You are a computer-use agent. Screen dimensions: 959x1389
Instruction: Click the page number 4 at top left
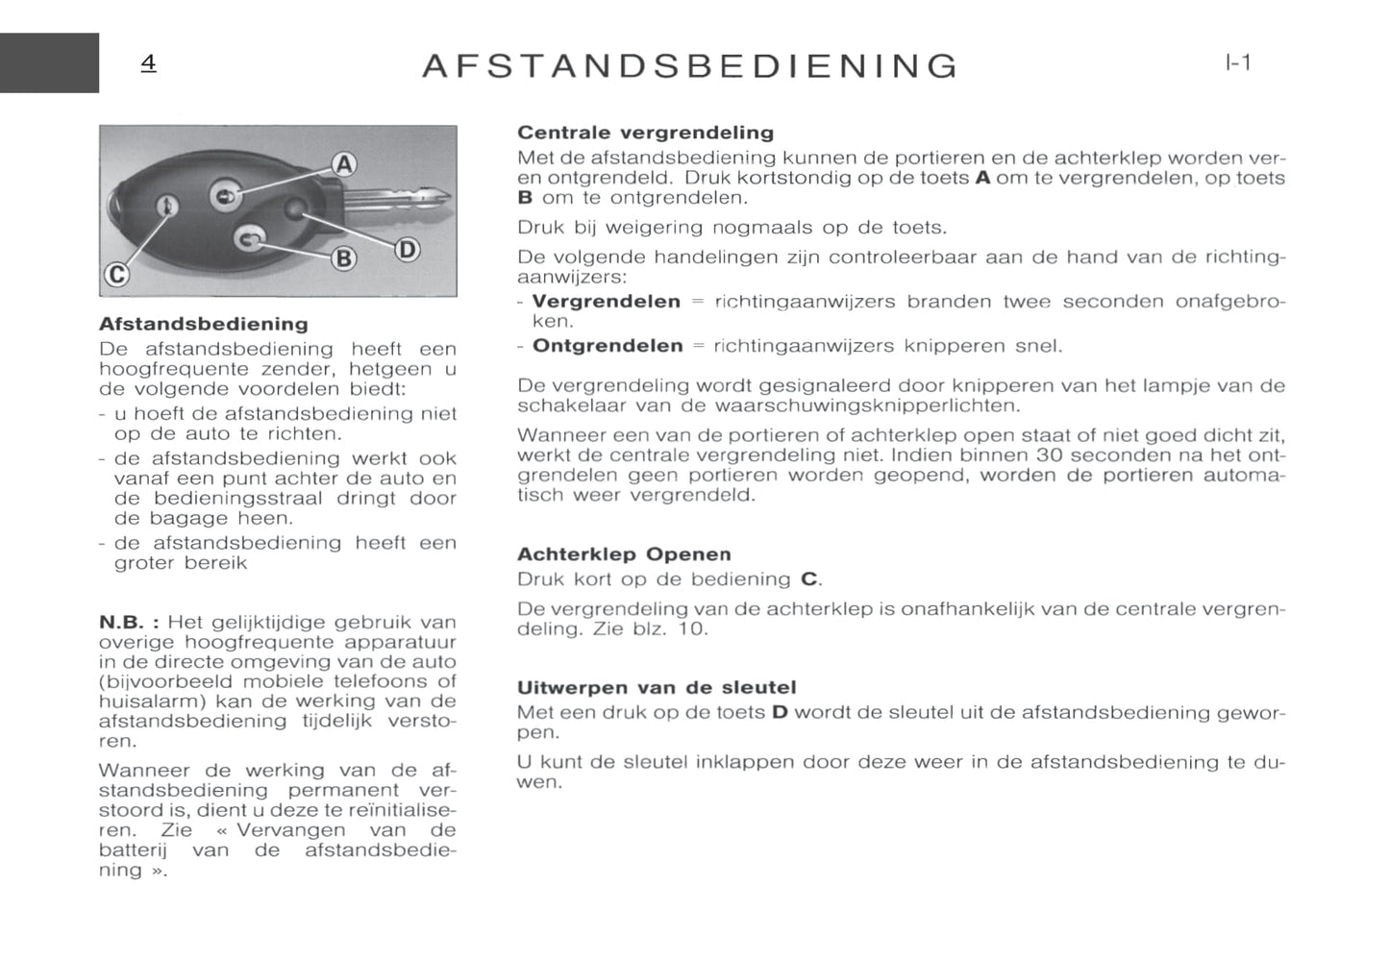pos(148,63)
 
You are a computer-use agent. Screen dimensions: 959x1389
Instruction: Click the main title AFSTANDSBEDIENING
pos(690,66)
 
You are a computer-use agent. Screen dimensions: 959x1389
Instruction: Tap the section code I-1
pos(1238,63)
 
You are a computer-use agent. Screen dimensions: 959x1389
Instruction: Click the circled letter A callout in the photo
pos(344,165)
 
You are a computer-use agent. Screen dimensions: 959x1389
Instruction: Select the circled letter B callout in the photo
pos(343,258)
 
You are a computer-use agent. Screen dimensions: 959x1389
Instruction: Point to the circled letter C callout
pos(116,275)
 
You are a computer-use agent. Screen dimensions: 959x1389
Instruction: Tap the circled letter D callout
pos(408,250)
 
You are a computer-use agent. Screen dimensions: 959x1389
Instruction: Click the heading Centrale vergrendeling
pos(645,133)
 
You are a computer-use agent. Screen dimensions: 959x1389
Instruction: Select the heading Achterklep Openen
pos(624,554)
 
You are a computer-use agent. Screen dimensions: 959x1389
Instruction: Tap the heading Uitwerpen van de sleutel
pos(657,688)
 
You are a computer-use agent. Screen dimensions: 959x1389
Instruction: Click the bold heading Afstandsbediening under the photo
pos(204,324)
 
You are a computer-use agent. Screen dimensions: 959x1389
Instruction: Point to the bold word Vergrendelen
pos(606,302)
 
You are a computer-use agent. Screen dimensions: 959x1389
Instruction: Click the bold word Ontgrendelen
pos(608,346)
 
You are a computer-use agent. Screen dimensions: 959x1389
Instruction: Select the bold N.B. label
pos(128,623)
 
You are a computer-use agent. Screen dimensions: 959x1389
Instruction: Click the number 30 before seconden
pos(1049,455)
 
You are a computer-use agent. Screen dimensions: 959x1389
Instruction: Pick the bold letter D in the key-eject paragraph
pos(780,713)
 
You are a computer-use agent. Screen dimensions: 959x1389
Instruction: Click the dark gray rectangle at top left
pos(49,63)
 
